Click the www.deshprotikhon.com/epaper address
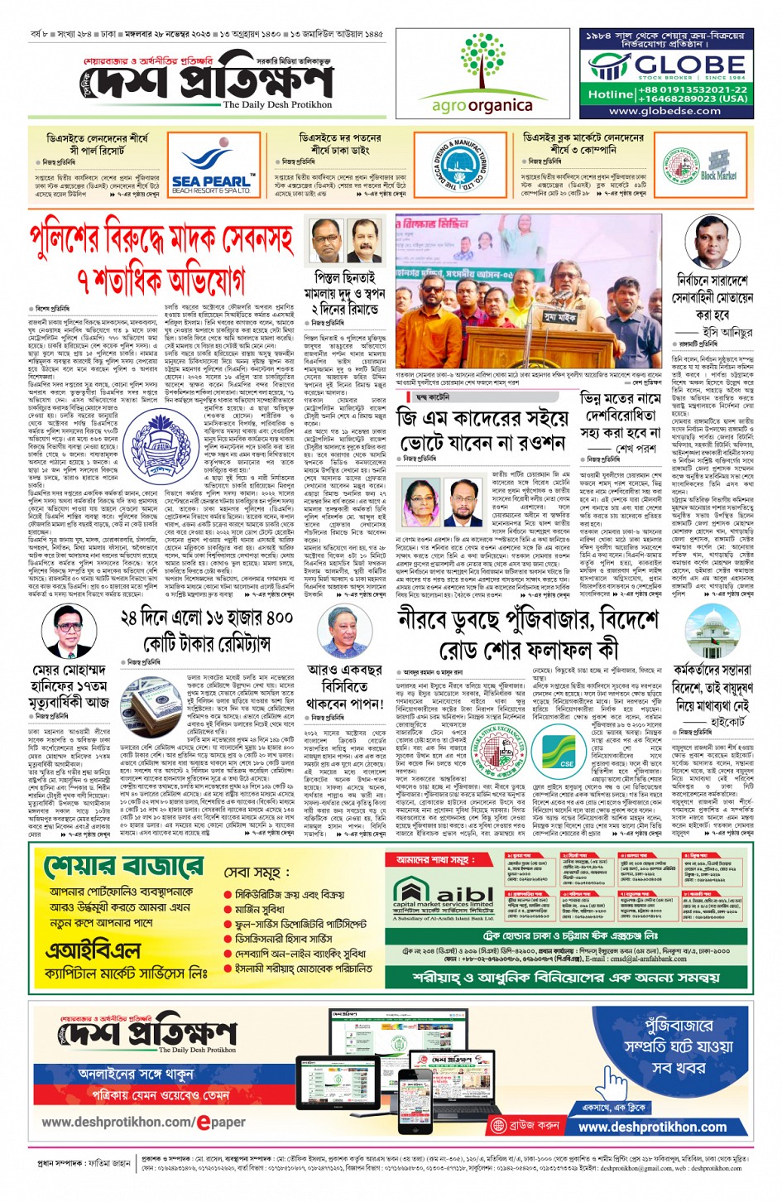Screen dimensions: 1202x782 pos(143,1123)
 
